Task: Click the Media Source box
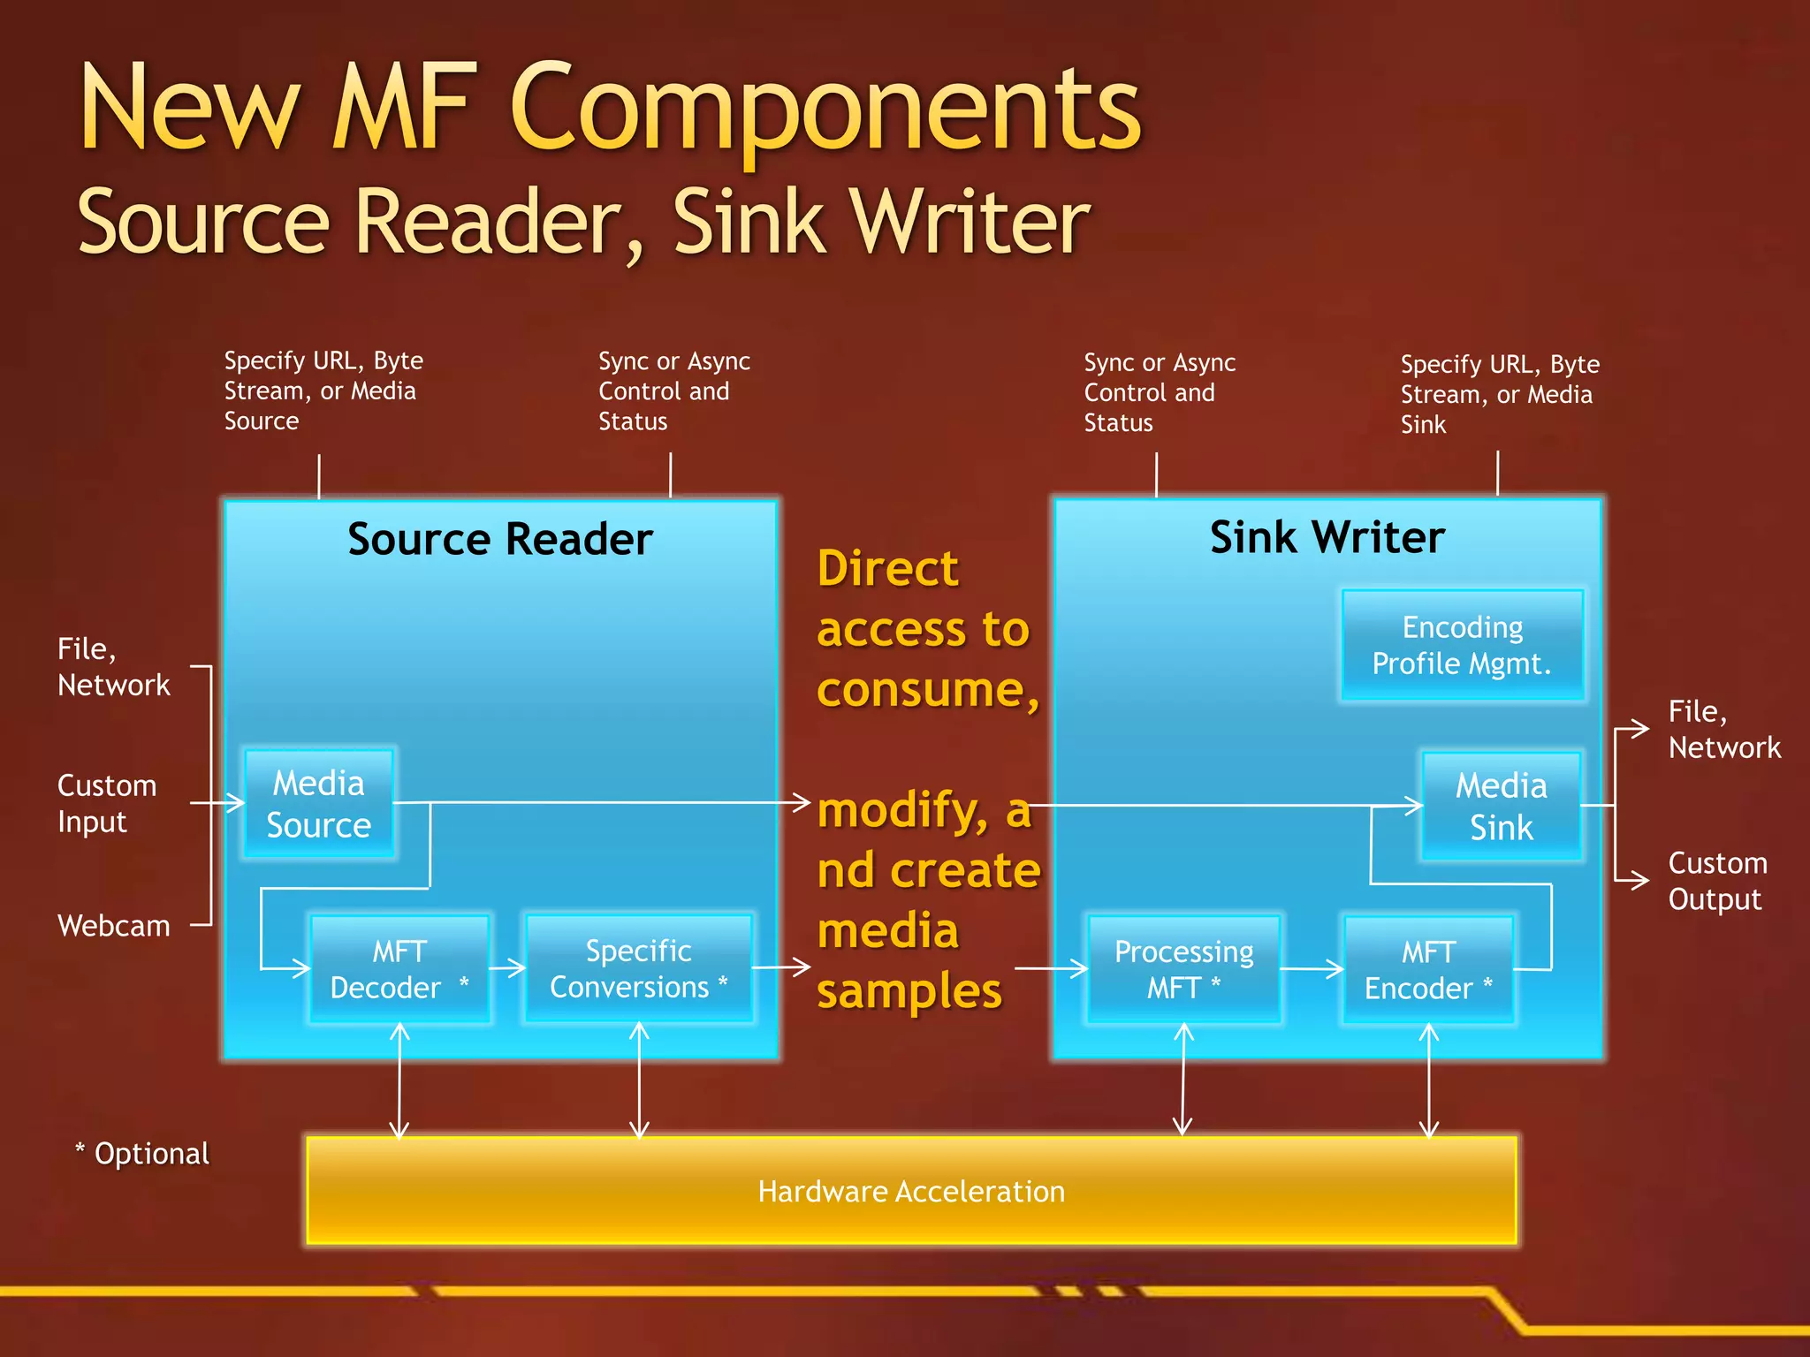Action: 319,804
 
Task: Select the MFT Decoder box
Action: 399,969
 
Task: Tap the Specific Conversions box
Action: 638,969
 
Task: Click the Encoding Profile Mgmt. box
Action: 1462,645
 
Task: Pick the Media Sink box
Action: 1501,806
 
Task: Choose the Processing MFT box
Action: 1183,969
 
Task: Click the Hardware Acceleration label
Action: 911,1192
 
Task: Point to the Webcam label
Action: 114,926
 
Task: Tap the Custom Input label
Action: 107,803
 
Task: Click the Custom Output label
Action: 1717,881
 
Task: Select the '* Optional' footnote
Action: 143,1154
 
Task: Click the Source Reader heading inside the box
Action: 500,539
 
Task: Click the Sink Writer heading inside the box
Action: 1327,537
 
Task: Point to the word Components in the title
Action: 825,110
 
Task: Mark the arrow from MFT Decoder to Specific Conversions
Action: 507,968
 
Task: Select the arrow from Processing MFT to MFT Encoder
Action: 1312,969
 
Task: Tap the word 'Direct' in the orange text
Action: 887,568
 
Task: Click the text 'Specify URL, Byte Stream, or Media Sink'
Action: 1499,394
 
